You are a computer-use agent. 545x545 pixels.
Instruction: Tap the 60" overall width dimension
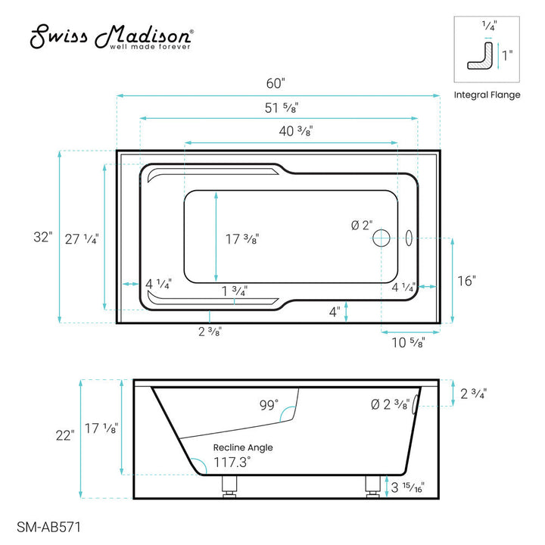(x=279, y=84)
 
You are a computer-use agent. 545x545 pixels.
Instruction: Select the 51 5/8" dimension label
(x=279, y=107)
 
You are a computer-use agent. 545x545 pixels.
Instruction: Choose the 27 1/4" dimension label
(x=82, y=238)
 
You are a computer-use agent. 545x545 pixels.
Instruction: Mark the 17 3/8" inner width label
(x=243, y=239)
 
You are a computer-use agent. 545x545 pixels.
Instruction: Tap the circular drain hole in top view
(x=381, y=238)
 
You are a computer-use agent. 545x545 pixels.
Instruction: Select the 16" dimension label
(x=468, y=281)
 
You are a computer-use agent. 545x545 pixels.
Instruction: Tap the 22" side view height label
(x=64, y=435)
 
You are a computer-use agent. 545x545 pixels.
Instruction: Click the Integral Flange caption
(x=487, y=95)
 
